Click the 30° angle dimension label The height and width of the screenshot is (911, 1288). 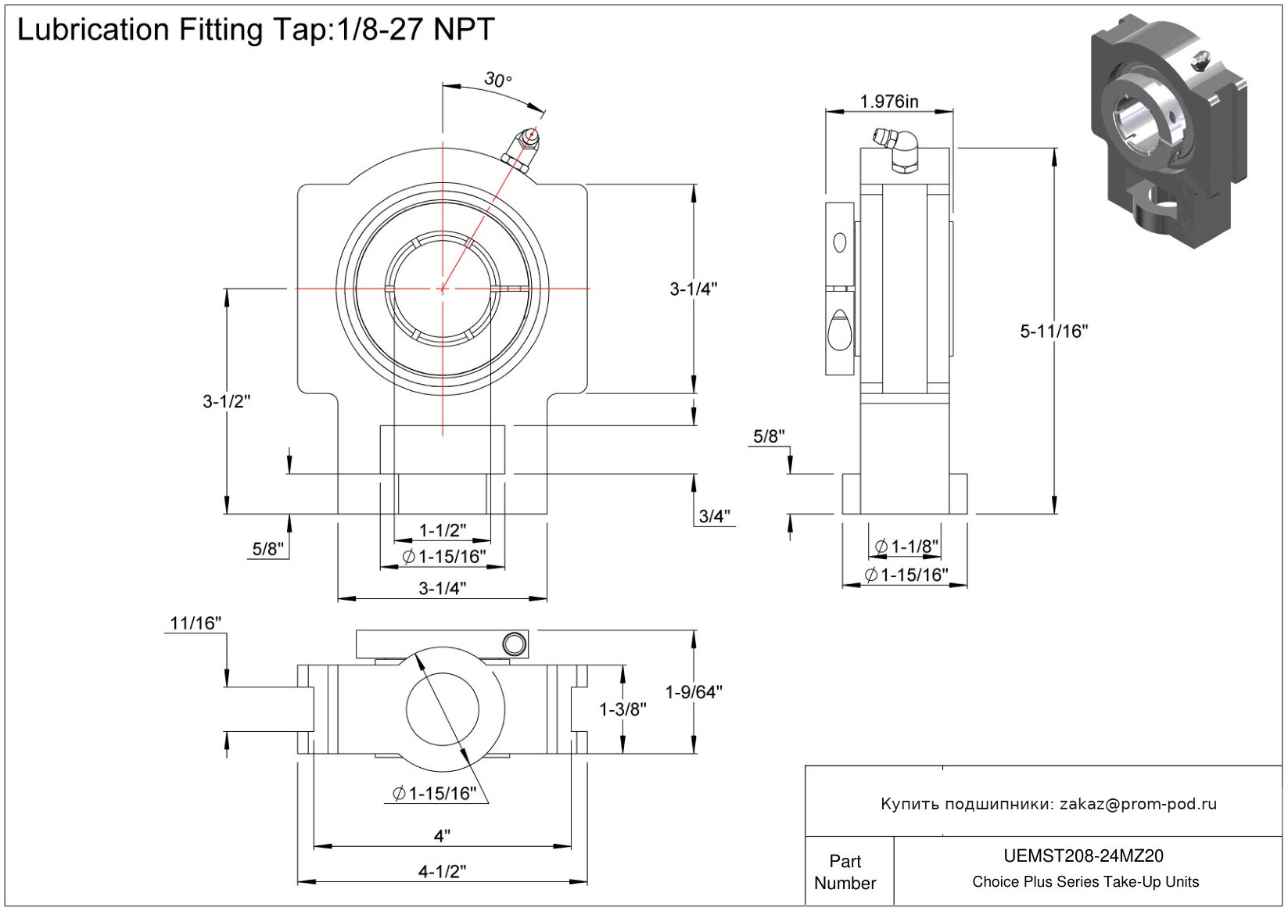click(497, 80)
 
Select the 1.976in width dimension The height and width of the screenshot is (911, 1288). click(889, 102)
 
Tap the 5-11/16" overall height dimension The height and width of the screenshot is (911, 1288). click(1053, 332)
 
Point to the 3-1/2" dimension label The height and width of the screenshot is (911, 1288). click(226, 402)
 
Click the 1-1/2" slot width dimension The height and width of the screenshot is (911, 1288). click(443, 530)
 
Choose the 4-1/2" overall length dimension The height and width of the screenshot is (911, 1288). click(443, 871)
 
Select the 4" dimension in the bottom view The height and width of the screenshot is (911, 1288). click(443, 836)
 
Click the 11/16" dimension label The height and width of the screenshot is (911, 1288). click(196, 623)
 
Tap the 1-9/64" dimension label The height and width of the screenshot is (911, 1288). click(694, 692)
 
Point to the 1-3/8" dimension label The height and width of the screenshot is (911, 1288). click(622, 709)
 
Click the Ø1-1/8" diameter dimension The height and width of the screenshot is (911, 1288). click(906, 547)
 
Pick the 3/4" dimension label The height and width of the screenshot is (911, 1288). click(714, 516)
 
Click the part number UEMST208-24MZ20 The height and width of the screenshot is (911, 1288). click(1083, 856)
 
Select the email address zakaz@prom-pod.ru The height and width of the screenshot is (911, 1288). click(1138, 804)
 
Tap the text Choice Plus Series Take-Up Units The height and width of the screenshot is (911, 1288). click(1085, 882)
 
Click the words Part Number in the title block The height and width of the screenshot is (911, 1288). click(845, 872)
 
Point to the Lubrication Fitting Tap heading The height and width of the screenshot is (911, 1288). click(256, 30)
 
